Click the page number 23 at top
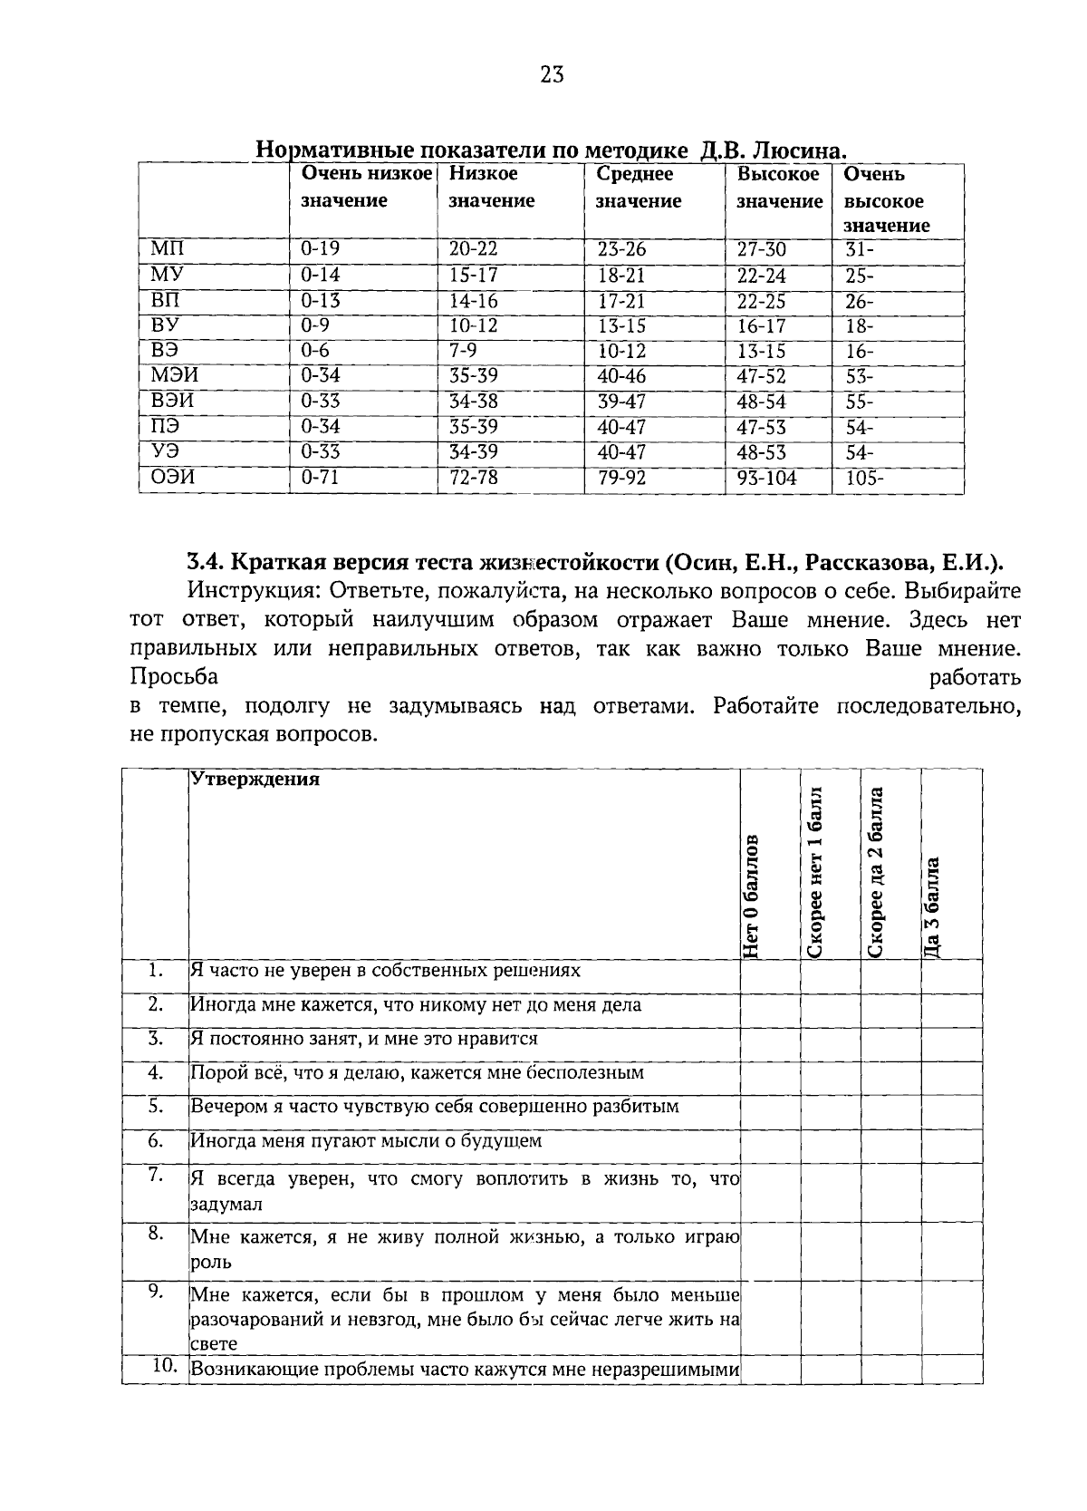[x=552, y=75]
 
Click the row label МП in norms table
[x=168, y=249]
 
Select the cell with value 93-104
[x=766, y=478]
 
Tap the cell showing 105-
[x=864, y=478]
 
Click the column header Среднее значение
[x=638, y=188]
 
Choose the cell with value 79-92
[x=621, y=478]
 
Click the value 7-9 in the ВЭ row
[x=463, y=352]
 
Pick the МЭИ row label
[x=175, y=376]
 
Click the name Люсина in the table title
[x=801, y=150]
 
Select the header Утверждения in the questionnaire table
[x=255, y=780]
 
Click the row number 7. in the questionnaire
[x=155, y=1176]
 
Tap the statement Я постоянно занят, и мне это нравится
[x=364, y=1039]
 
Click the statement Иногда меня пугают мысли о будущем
[x=366, y=1140]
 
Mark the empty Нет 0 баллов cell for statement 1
[x=770, y=976]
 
